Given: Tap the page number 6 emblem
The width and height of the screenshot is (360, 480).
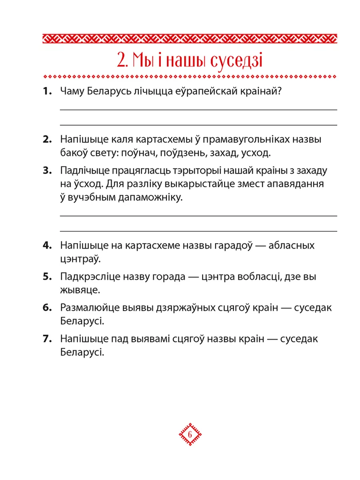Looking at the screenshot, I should pos(189,434).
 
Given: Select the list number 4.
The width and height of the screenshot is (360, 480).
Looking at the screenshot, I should pos(47,245).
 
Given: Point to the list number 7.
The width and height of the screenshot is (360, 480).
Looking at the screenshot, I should pos(47,339).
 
